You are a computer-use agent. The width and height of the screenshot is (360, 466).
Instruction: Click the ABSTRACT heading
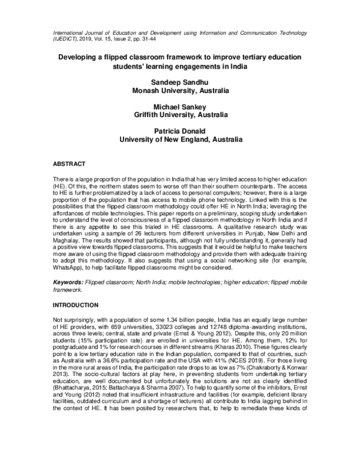pyautogui.click(x=70, y=164)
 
